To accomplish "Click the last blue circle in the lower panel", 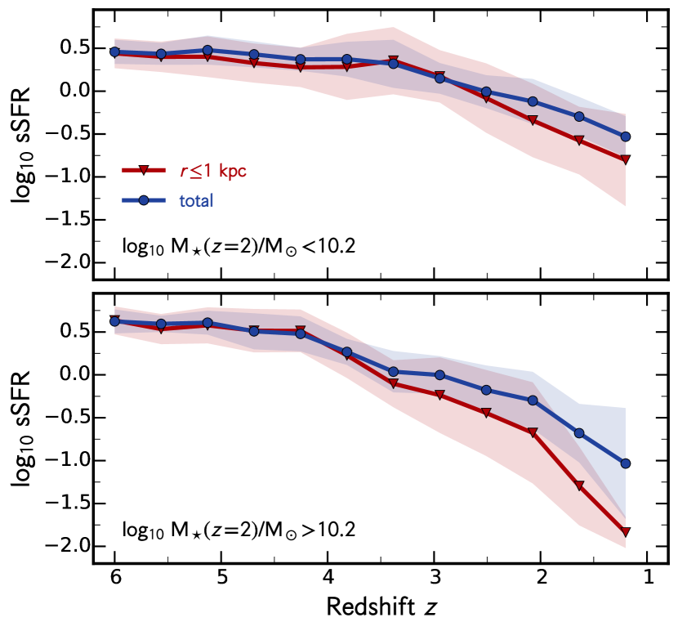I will click(626, 463).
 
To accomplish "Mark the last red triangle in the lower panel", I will click(626, 532).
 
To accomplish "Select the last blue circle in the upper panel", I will click(626, 136).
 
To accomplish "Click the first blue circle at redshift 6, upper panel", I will click(114, 51).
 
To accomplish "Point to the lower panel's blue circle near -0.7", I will click(579, 432).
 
